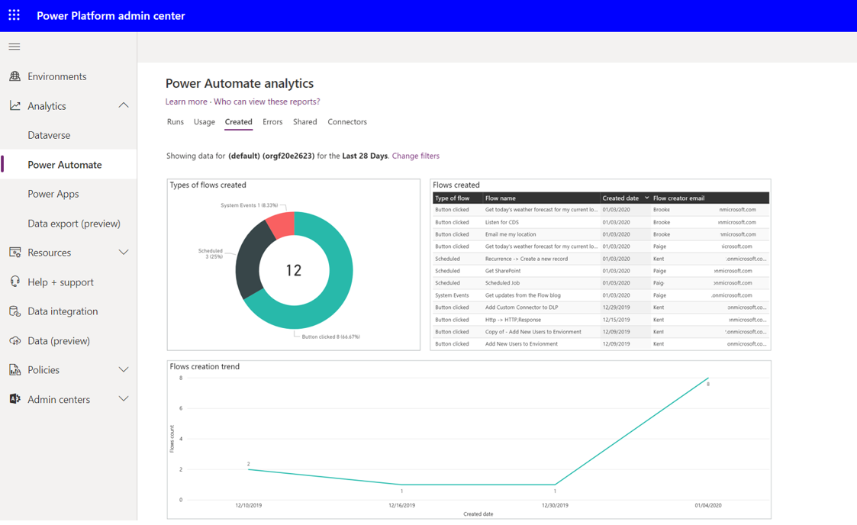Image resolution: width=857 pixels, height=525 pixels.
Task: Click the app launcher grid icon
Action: (14, 15)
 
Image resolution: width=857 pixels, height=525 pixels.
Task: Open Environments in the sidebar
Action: (56, 76)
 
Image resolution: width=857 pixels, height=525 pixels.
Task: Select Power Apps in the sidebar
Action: (53, 194)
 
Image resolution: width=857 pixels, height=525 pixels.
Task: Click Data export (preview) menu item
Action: (73, 224)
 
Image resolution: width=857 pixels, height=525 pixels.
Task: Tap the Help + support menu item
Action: (60, 282)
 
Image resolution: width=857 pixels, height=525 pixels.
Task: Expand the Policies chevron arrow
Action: (124, 370)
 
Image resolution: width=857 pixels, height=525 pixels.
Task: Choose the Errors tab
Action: (272, 122)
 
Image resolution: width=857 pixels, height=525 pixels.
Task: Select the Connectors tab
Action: (346, 122)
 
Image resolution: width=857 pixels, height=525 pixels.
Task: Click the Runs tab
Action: (175, 122)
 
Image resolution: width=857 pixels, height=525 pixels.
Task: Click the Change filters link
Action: (415, 156)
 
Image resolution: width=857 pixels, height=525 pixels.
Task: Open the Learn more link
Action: (186, 101)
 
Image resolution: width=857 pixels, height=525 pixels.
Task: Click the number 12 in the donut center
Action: (294, 270)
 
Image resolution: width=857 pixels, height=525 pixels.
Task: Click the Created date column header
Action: (620, 198)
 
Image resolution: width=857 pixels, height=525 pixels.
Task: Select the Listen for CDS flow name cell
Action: (502, 222)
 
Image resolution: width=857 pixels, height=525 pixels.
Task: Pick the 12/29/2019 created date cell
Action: (617, 308)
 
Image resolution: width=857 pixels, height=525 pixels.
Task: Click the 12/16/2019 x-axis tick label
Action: (401, 505)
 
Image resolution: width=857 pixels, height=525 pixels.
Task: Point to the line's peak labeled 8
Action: (708, 378)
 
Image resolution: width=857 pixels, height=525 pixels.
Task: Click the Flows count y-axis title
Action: (172, 440)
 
